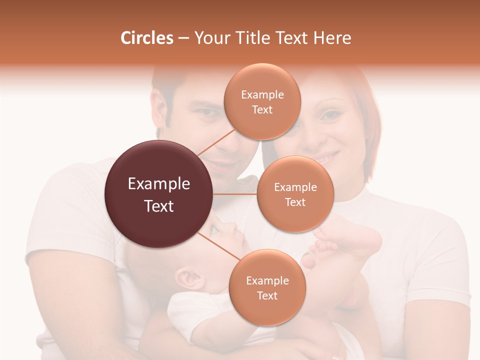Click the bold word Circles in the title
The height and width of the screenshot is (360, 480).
tap(146, 38)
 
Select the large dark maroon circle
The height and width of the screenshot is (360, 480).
tap(158, 194)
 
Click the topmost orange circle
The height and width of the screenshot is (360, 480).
tap(262, 101)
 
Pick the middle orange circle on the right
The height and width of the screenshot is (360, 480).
tap(295, 194)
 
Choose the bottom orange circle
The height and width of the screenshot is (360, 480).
tap(267, 287)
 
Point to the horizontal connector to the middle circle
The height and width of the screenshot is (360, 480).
tap(235, 194)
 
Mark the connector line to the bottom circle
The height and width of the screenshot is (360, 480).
tap(218, 247)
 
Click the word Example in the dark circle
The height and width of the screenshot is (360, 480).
tap(158, 184)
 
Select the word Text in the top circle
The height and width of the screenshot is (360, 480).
tap(262, 110)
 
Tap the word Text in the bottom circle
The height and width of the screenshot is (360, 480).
tap(267, 296)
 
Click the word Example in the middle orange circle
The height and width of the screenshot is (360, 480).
tap(295, 187)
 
